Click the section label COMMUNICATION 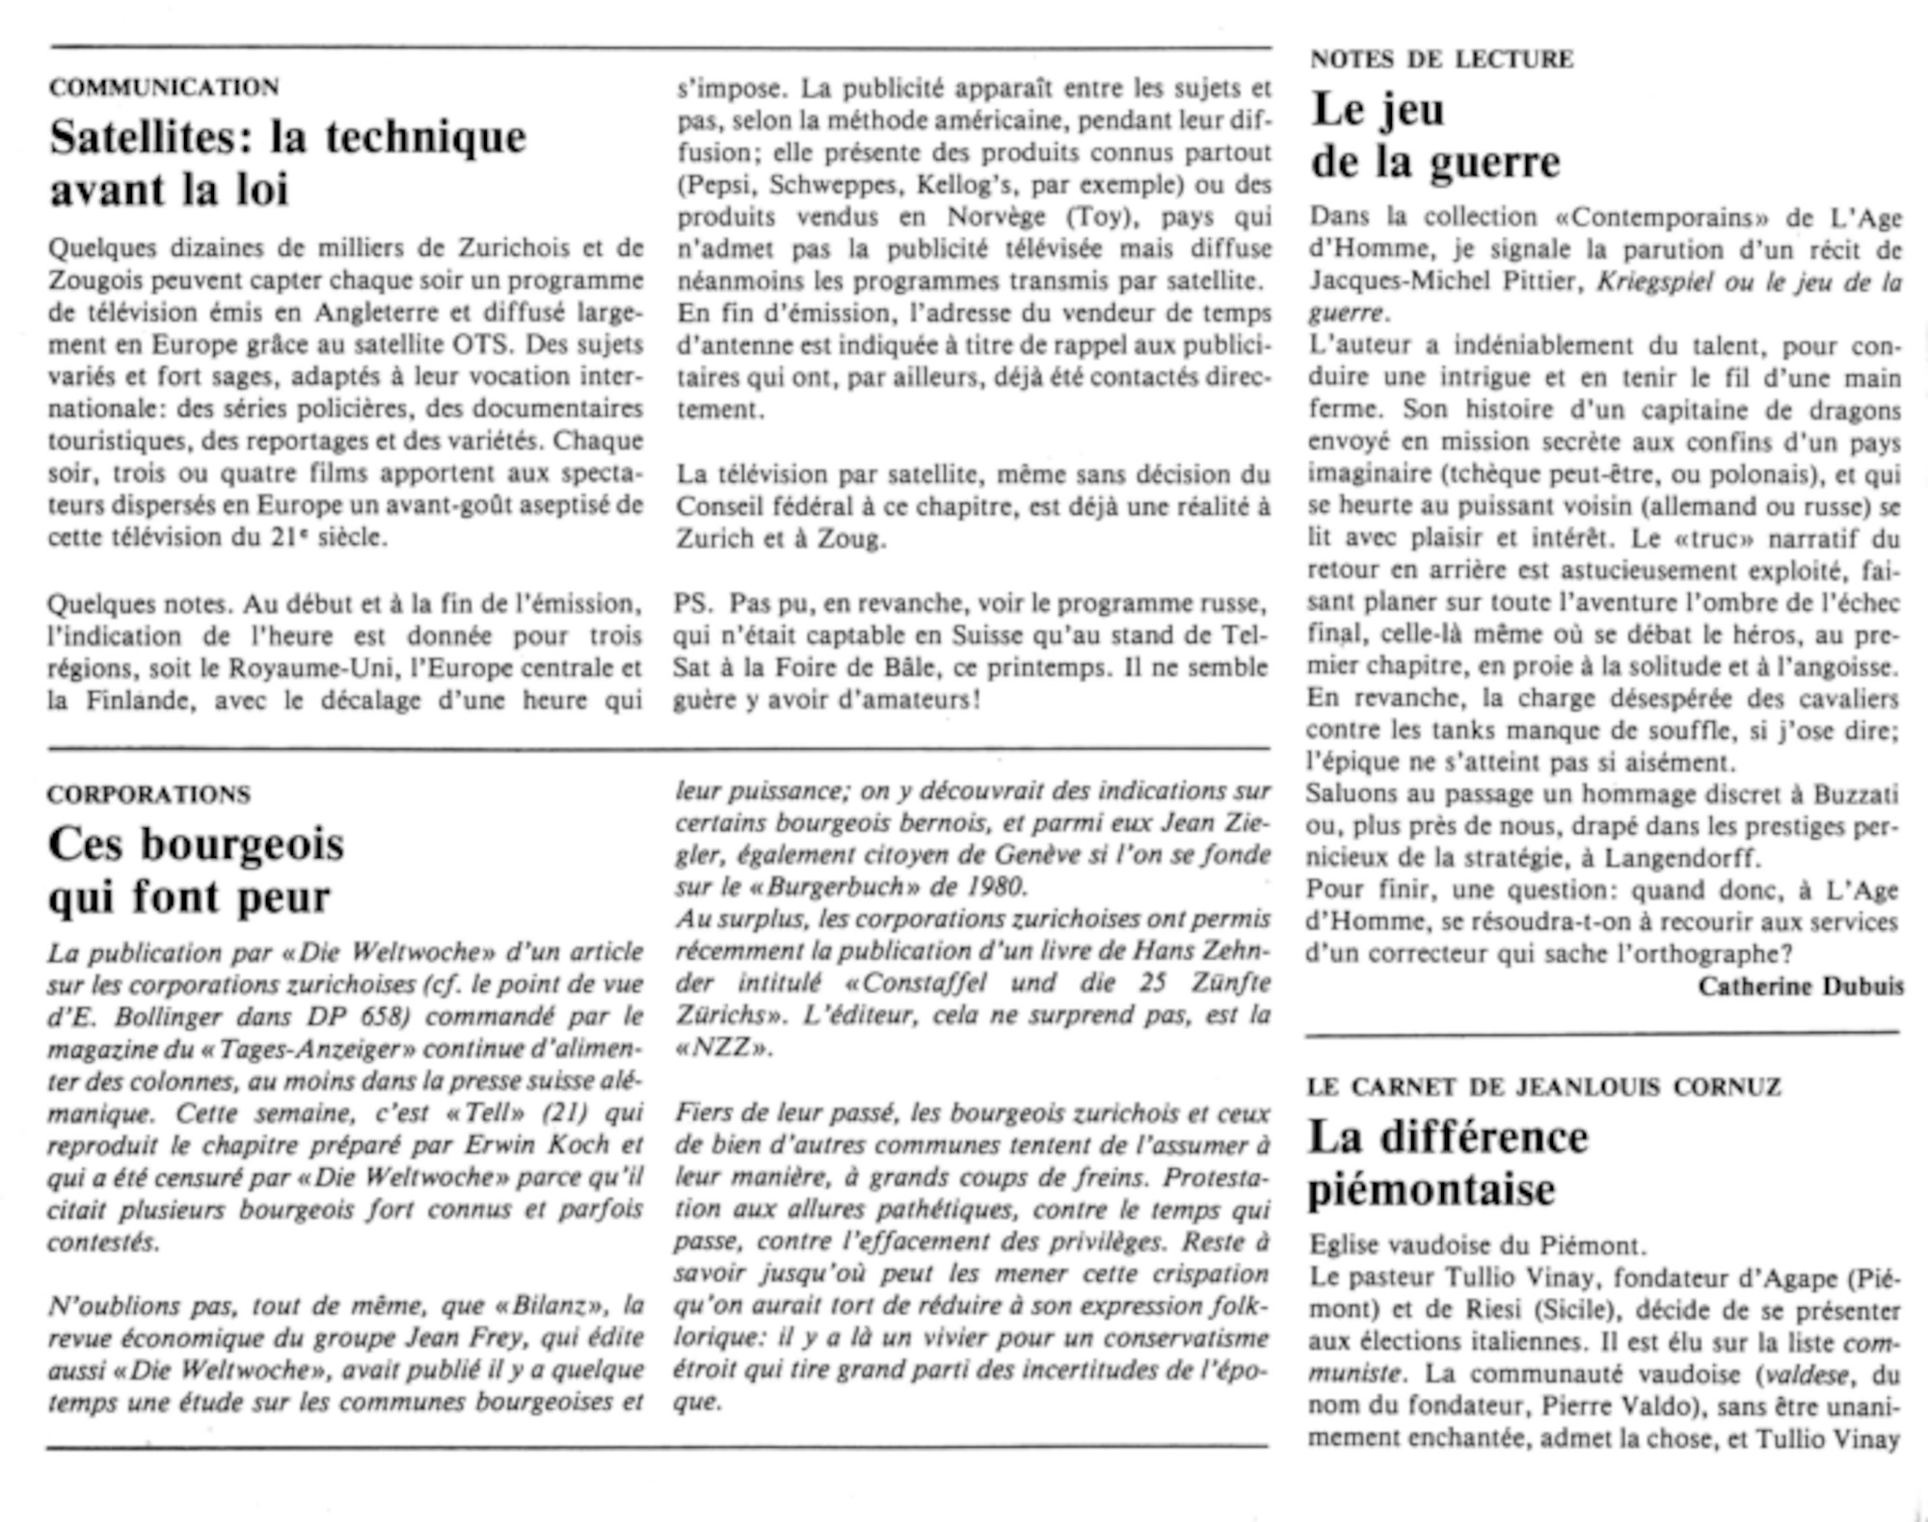coord(164,87)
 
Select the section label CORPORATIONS coord(148,794)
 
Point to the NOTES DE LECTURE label coord(1441,59)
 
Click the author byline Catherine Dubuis coord(1801,986)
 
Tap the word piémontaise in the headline coord(1432,1189)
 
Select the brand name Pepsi coord(714,184)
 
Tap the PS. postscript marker coord(693,603)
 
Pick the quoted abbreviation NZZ coord(724,1048)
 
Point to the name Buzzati coord(1857,794)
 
